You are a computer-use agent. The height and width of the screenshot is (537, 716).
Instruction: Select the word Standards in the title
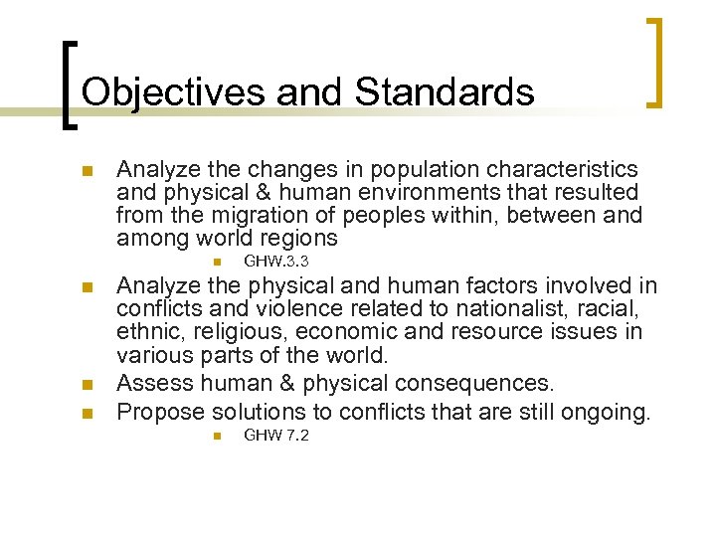point(445,92)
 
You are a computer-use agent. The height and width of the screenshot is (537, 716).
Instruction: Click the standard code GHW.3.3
point(276,262)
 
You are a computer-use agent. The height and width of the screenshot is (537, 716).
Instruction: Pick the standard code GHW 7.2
point(276,436)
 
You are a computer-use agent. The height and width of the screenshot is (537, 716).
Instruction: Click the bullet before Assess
point(87,384)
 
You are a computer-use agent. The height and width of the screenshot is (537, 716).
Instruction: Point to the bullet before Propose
point(87,412)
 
